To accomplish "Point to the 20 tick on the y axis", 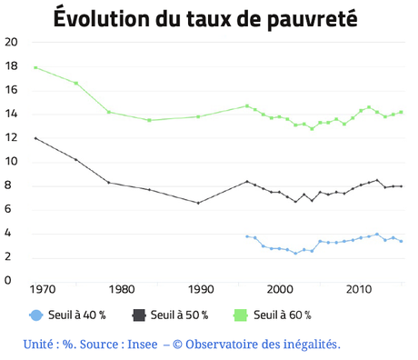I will pyautogui.click(x=11, y=43).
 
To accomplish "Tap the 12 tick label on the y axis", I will pyautogui.click(x=11, y=138).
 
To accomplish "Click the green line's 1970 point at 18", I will pyautogui.click(x=35, y=67).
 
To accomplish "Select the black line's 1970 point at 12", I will pyautogui.click(x=35, y=138).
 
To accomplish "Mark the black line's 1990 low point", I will pyautogui.click(x=198, y=203).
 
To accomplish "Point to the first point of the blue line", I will pyautogui.click(x=247, y=236).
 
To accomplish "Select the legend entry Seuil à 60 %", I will pyautogui.click(x=284, y=315).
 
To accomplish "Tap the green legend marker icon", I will pyautogui.click(x=242, y=315).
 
